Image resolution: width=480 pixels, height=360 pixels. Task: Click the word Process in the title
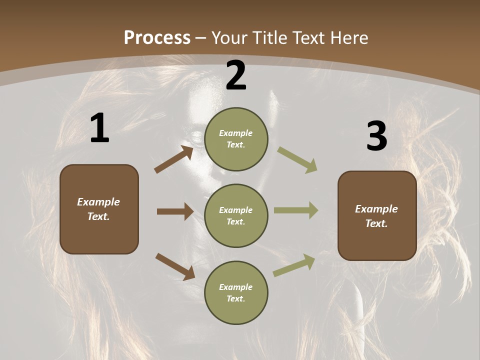pos(157,38)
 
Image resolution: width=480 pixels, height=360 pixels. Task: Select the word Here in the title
pos(348,38)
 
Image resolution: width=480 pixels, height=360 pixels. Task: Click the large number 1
pos(99,128)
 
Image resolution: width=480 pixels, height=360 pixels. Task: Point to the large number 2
pos(236,76)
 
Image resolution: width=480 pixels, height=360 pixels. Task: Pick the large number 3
pos(376,136)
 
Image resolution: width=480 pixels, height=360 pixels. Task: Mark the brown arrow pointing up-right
pos(173,159)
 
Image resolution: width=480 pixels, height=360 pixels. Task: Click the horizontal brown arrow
pos(175,211)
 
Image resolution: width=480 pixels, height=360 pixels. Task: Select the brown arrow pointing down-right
pos(175,266)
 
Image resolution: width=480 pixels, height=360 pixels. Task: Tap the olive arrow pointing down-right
pos(297,159)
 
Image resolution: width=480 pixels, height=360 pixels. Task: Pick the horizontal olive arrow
pos(296,210)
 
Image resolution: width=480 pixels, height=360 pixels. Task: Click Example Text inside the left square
pos(98,209)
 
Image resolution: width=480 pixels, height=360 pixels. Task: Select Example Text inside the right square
pos(376,216)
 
